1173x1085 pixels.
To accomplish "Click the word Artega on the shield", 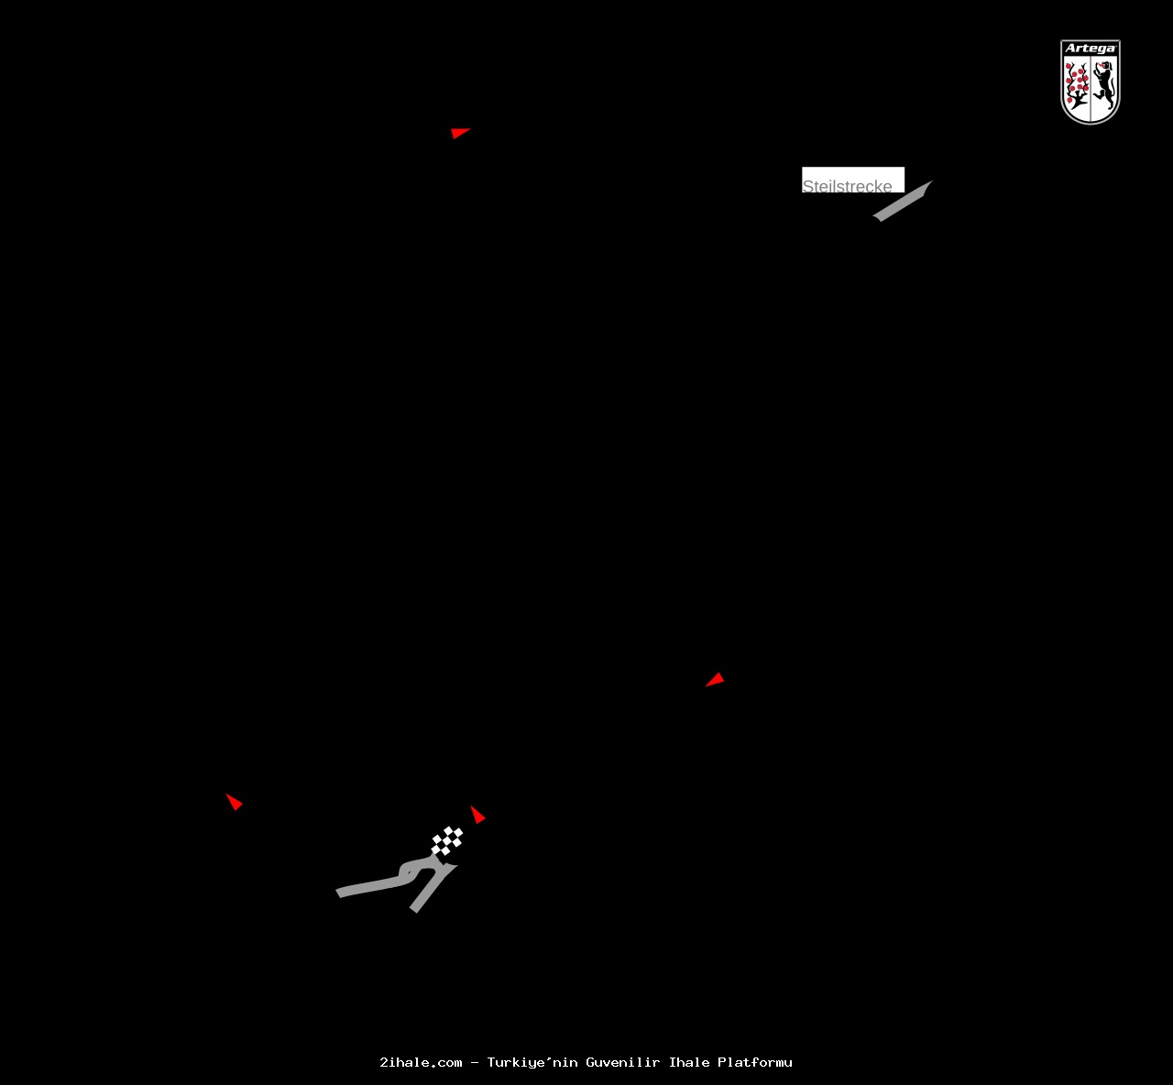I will click(1091, 49).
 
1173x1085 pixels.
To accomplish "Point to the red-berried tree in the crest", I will click(1077, 84).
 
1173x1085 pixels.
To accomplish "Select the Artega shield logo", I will click(1091, 82).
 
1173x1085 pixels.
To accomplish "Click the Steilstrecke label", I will click(849, 184).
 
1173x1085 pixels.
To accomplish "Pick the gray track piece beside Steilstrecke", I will click(903, 202).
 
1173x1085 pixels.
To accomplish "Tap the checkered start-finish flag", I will click(447, 840).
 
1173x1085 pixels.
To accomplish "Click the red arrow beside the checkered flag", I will click(477, 815).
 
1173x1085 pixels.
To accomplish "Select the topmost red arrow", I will click(459, 133).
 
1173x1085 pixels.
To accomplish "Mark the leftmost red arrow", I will click(235, 802).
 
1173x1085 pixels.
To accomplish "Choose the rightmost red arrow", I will click(715, 680).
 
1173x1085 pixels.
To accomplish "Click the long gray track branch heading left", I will click(371, 886).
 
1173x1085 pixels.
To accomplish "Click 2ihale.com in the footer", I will click(421, 1063).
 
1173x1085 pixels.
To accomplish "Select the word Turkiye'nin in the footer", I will click(532, 1063).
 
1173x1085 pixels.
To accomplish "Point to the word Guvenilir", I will click(623, 1063).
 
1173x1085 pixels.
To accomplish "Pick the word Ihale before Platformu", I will click(689, 1063).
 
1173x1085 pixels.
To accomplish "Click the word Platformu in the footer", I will click(755, 1063).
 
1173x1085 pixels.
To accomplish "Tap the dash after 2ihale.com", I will click(475, 1063).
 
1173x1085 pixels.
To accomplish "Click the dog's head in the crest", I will click(1105, 68).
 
